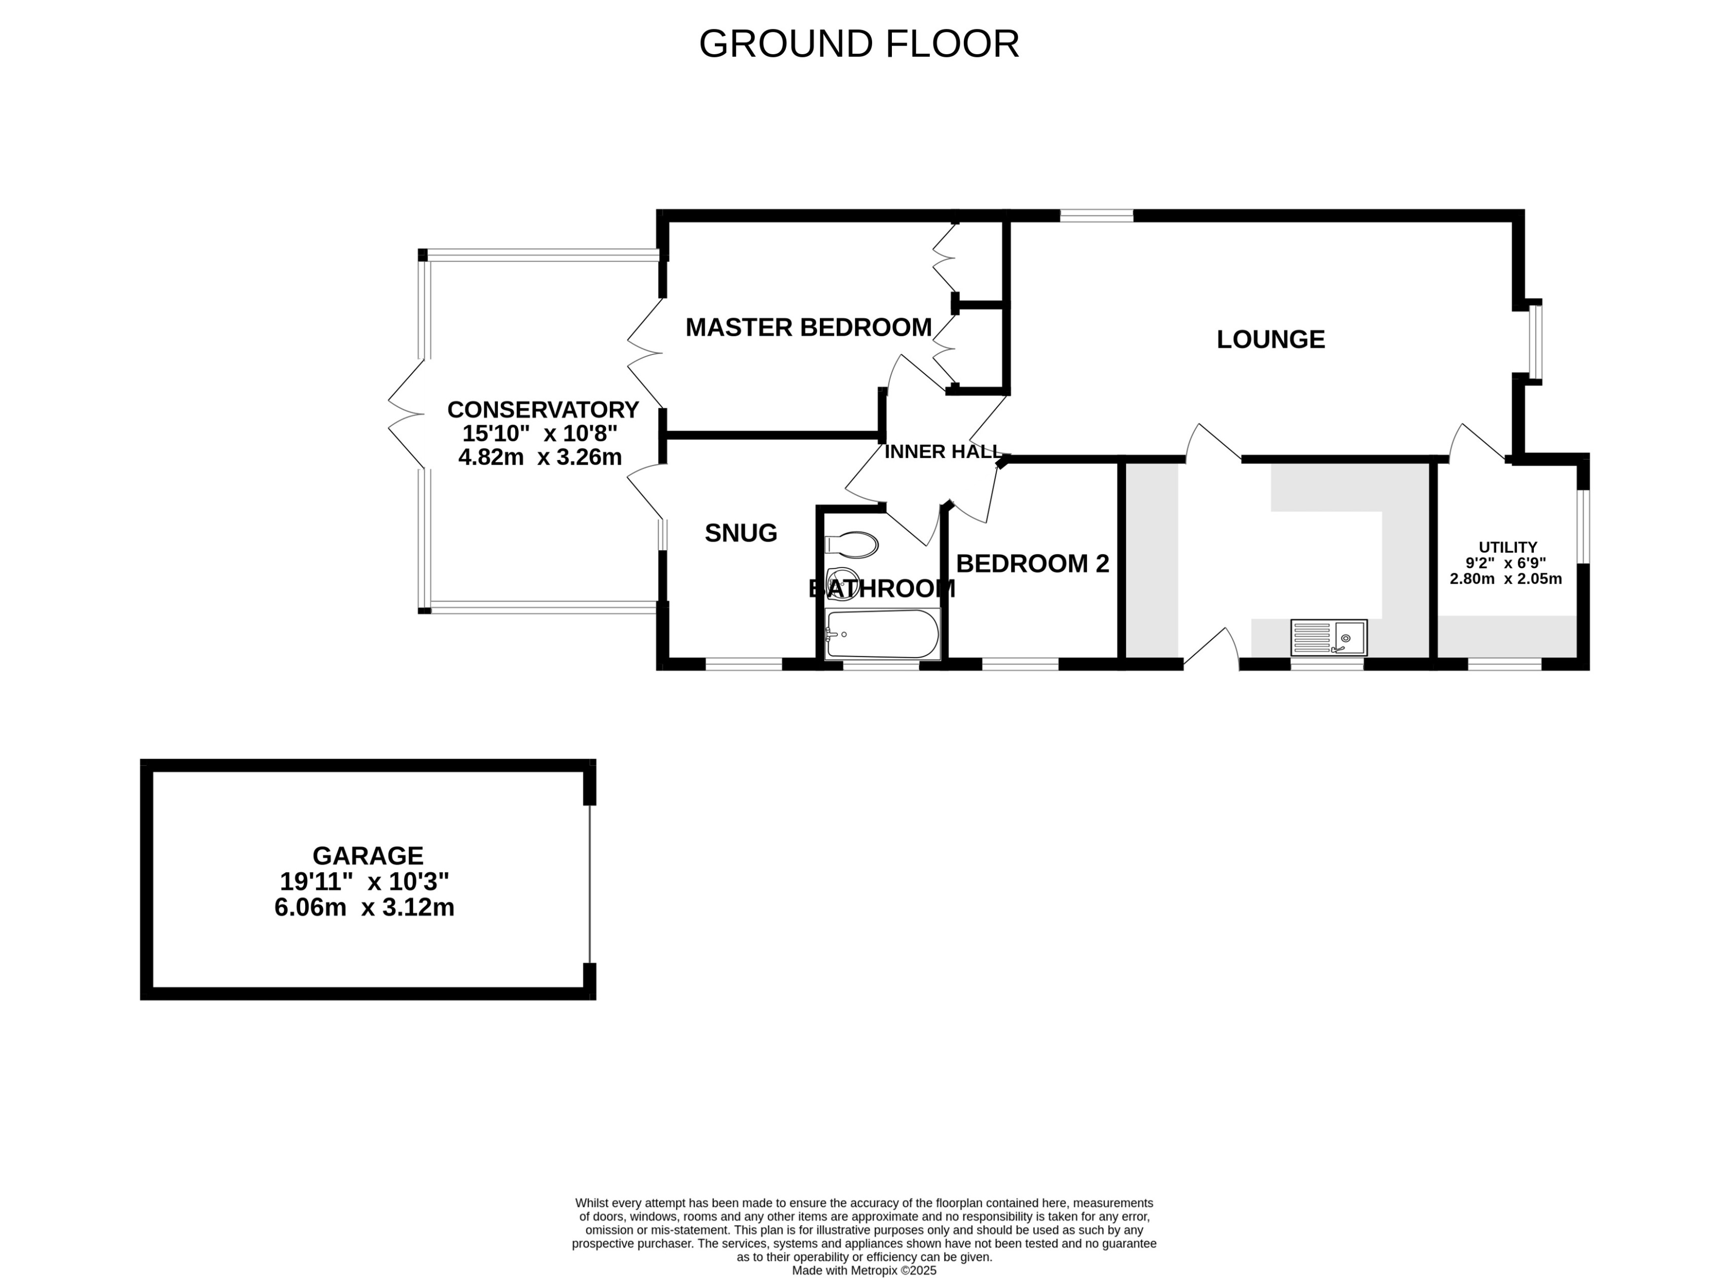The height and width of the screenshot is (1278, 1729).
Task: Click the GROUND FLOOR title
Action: pos(858,44)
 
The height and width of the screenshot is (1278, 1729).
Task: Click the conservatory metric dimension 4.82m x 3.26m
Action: pos(539,457)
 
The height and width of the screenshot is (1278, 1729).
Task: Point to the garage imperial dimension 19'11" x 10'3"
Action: pos(364,881)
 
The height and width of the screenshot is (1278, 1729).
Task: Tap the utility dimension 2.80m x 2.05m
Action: pos(1505,579)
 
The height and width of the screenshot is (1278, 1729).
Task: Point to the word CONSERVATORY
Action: pos(543,409)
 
